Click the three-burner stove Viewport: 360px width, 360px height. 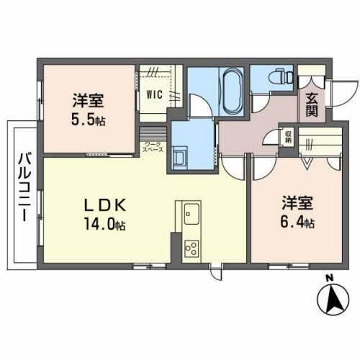coord(192,248)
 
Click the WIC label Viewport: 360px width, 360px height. coord(155,94)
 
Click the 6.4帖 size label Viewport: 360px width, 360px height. coord(297,223)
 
